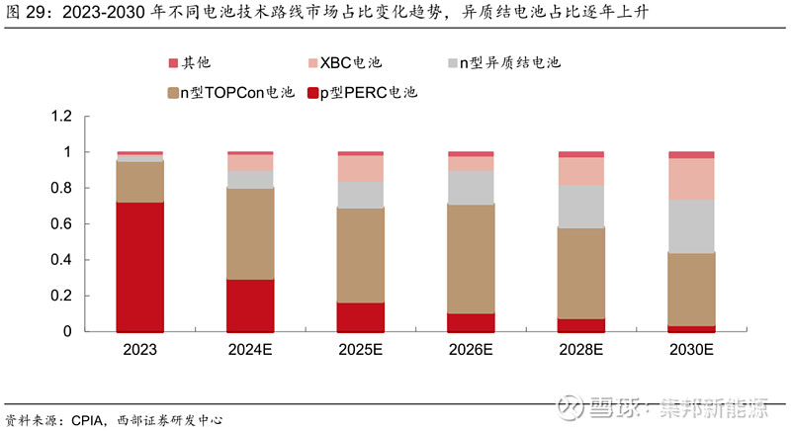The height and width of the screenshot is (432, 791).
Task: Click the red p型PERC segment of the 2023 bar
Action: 139,267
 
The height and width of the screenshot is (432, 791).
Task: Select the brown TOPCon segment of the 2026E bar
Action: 471,259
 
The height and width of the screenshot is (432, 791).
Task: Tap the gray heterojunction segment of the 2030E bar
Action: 691,226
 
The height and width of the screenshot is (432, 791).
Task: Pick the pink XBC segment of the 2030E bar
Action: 691,179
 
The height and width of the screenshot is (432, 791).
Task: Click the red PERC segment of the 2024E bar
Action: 250,305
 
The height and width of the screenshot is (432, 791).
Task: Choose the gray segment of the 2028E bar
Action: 581,207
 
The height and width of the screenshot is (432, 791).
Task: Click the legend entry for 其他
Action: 194,63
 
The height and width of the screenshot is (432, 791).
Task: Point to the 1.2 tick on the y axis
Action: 62,117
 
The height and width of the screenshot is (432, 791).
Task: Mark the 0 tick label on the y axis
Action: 68,332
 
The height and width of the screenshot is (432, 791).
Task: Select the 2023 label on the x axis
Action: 139,350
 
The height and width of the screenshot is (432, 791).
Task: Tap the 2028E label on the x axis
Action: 581,350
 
